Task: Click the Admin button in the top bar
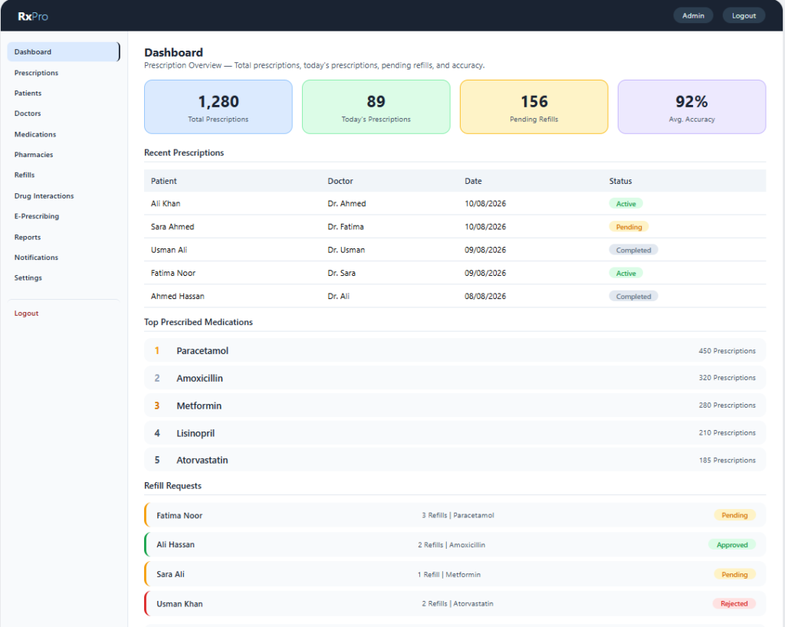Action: [693, 15]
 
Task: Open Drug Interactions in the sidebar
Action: [44, 195]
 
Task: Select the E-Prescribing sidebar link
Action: [37, 216]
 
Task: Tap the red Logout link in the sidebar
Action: [26, 313]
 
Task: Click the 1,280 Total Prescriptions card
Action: [218, 107]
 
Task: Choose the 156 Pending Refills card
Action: [534, 107]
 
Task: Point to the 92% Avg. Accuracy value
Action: [691, 102]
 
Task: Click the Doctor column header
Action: [340, 181]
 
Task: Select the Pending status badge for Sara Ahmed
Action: [629, 227]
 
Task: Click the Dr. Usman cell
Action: [347, 250]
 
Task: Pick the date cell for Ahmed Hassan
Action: [485, 296]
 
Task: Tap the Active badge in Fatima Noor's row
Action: [626, 273]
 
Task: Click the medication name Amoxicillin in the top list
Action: [200, 379]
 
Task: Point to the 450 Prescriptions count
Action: [727, 351]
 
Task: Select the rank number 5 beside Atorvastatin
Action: [157, 460]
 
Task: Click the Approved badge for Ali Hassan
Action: [732, 545]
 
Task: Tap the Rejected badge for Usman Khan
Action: [734, 604]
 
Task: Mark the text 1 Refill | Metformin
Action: [449, 574]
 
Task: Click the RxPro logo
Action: [33, 16]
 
